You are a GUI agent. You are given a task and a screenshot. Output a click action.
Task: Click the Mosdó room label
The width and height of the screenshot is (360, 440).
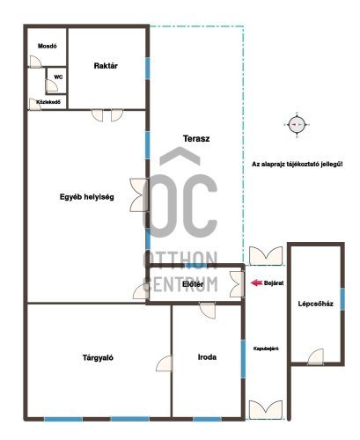[x=48, y=46]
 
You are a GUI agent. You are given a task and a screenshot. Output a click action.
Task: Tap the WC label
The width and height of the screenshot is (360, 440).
[x=58, y=77]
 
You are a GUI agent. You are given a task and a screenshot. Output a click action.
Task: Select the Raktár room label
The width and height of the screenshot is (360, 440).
[x=106, y=66]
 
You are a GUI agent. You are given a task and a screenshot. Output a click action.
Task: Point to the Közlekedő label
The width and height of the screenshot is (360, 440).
[x=48, y=102]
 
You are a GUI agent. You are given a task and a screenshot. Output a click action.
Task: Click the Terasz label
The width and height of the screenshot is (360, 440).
[x=196, y=138]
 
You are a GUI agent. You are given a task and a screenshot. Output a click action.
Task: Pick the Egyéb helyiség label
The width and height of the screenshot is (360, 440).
[x=87, y=197]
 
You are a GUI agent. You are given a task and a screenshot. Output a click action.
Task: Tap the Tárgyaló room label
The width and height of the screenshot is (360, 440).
[x=98, y=357]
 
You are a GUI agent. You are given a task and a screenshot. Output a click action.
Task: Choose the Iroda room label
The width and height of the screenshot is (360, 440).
[x=207, y=357]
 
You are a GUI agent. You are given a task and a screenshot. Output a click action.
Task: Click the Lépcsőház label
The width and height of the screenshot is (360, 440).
[x=316, y=304]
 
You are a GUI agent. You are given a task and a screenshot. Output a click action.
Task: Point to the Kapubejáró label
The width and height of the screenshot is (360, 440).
[x=266, y=348]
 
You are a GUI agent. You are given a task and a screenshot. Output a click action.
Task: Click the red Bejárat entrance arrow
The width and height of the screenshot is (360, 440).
[x=256, y=282]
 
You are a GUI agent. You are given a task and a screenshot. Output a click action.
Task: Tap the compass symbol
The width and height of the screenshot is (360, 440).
[x=297, y=125]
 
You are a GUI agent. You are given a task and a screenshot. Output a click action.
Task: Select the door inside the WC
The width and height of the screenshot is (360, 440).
[x=52, y=85]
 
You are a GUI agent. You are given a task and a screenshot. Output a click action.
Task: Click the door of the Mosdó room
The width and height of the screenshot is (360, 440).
[x=35, y=62]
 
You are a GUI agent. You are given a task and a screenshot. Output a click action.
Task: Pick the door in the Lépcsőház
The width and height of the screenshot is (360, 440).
[x=316, y=356]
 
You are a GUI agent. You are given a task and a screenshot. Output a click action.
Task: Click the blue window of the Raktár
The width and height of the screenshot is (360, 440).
[x=148, y=68]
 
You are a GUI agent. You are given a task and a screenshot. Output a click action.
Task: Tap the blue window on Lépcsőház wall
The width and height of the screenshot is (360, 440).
[x=342, y=299]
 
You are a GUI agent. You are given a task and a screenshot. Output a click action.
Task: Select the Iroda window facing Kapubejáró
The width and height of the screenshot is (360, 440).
[x=243, y=359]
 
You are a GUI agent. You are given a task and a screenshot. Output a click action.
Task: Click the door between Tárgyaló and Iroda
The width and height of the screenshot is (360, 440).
[x=164, y=363]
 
